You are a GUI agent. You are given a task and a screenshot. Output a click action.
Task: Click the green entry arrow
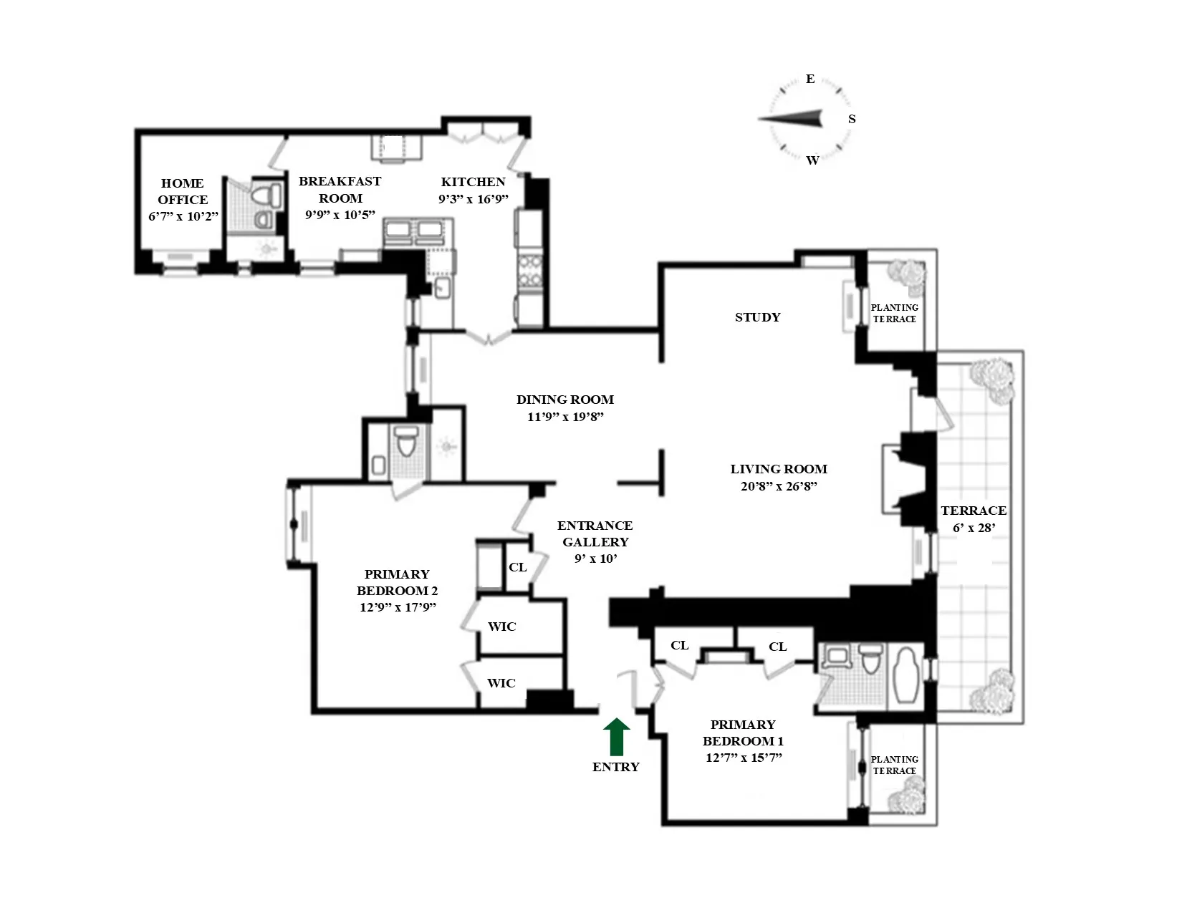pyautogui.click(x=616, y=738)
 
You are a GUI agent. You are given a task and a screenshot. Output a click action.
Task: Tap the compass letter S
pyautogui.click(x=852, y=119)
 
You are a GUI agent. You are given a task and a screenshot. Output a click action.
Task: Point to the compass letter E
pyautogui.click(x=810, y=79)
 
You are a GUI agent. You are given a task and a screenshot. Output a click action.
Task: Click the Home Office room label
pyautogui.click(x=183, y=191)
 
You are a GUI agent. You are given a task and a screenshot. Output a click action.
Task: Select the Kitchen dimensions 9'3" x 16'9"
pyautogui.click(x=473, y=199)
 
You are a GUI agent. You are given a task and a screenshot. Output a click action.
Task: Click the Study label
pyautogui.click(x=757, y=317)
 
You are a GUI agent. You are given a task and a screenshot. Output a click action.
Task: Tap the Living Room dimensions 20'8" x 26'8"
pyautogui.click(x=779, y=486)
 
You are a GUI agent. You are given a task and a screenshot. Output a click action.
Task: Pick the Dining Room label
pyautogui.click(x=565, y=400)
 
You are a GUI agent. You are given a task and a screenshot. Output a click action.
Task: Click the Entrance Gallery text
pyautogui.click(x=595, y=533)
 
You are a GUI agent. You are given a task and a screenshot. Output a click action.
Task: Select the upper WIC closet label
pyautogui.click(x=501, y=627)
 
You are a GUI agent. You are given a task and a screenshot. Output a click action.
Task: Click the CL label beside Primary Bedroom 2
pyautogui.click(x=517, y=567)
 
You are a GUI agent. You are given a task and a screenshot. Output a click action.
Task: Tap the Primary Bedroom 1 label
pyautogui.click(x=743, y=733)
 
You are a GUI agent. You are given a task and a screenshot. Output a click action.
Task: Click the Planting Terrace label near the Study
pyautogui.click(x=894, y=313)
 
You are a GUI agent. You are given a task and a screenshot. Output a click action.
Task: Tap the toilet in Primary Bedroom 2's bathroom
pyautogui.click(x=406, y=442)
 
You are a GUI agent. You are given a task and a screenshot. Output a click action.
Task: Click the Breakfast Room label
pyautogui.click(x=340, y=190)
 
